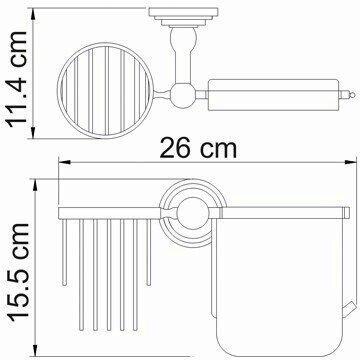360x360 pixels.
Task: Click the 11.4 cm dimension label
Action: pyautogui.click(x=17, y=79)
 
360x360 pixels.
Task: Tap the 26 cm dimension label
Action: pyautogui.click(x=198, y=148)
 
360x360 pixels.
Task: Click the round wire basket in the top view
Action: pyautogui.click(x=105, y=91)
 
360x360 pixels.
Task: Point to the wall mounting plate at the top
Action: pyautogui.click(x=183, y=17)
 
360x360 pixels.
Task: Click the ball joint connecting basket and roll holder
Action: pyautogui.click(x=182, y=95)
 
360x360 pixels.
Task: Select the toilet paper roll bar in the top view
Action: pyautogui.click(x=273, y=95)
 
